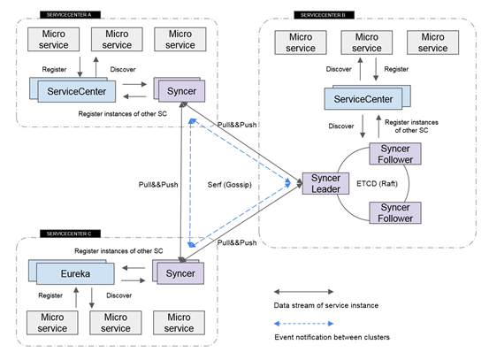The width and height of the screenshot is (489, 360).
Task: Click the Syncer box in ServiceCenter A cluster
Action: [180, 89]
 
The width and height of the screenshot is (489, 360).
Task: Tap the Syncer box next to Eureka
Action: [180, 273]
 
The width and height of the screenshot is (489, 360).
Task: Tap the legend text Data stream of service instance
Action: [324, 305]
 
